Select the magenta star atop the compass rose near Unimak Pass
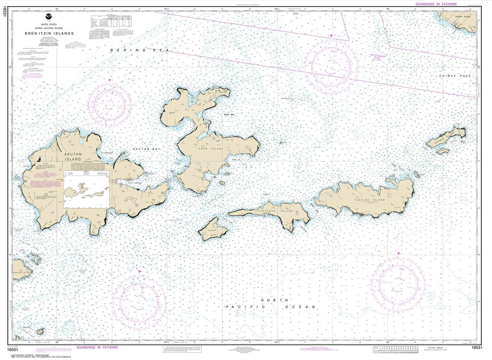point(331,36)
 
